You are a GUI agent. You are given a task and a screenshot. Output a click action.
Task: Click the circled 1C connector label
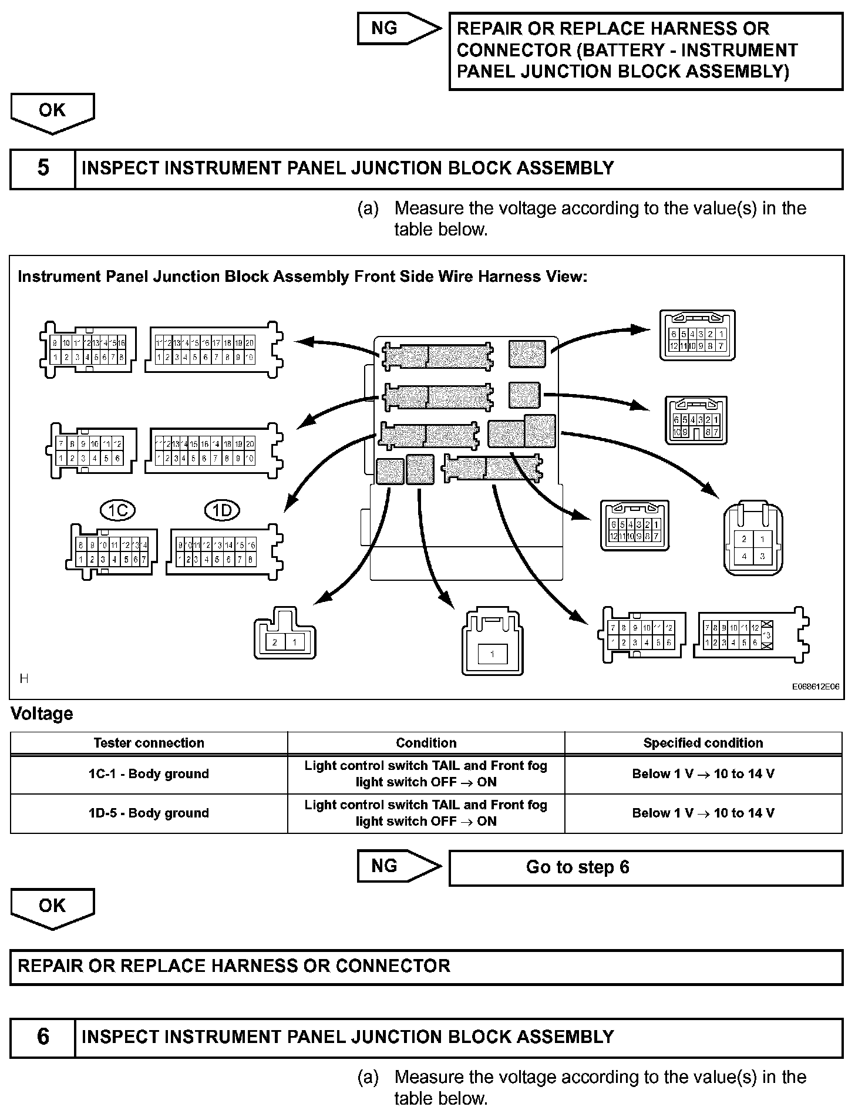[118, 510]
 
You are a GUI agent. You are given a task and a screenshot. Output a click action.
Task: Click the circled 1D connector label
[222, 510]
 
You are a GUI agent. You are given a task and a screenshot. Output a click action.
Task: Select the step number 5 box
[43, 169]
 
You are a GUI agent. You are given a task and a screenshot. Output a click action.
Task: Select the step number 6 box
[43, 1037]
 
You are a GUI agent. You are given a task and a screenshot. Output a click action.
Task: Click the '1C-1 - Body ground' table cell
[149, 774]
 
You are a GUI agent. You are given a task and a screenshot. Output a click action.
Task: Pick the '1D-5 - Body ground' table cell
[149, 813]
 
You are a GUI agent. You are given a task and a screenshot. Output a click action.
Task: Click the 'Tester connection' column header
[149, 743]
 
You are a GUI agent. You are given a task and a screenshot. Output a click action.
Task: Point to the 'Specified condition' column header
[703, 743]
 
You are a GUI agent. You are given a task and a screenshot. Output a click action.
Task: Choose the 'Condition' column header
[426, 743]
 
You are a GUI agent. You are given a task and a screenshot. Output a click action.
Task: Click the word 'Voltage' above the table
[42, 714]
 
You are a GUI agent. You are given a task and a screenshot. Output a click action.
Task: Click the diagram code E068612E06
[814, 686]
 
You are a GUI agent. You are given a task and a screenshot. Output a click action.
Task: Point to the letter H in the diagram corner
[24, 679]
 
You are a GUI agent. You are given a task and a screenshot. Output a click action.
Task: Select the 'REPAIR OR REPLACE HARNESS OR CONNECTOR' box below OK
[426, 966]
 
